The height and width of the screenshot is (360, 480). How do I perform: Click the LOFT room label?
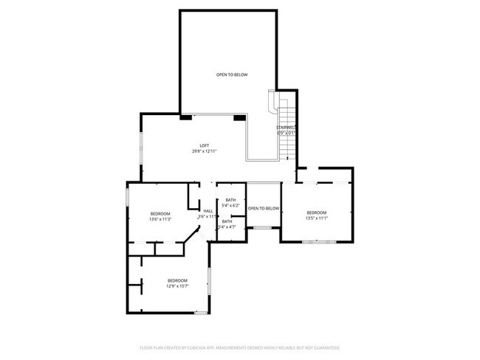coord(205,145)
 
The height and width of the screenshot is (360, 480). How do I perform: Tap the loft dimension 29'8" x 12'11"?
coord(205,151)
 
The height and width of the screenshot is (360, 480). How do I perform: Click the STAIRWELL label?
coord(286,128)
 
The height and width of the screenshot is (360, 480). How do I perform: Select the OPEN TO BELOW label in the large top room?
coord(231,75)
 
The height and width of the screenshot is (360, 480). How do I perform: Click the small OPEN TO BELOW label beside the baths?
coord(264,209)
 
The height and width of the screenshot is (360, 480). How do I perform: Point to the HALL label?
coord(208,211)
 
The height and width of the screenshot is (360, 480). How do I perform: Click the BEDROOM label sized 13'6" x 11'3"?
coord(160,213)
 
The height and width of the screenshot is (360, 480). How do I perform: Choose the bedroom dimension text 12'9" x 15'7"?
coord(177,287)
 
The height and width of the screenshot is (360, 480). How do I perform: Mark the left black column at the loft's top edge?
coord(185,117)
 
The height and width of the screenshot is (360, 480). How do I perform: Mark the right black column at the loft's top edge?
coord(239,117)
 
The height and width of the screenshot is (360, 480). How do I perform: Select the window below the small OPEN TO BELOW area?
coord(263,228)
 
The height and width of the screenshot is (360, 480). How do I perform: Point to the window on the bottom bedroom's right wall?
coord(210,281)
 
